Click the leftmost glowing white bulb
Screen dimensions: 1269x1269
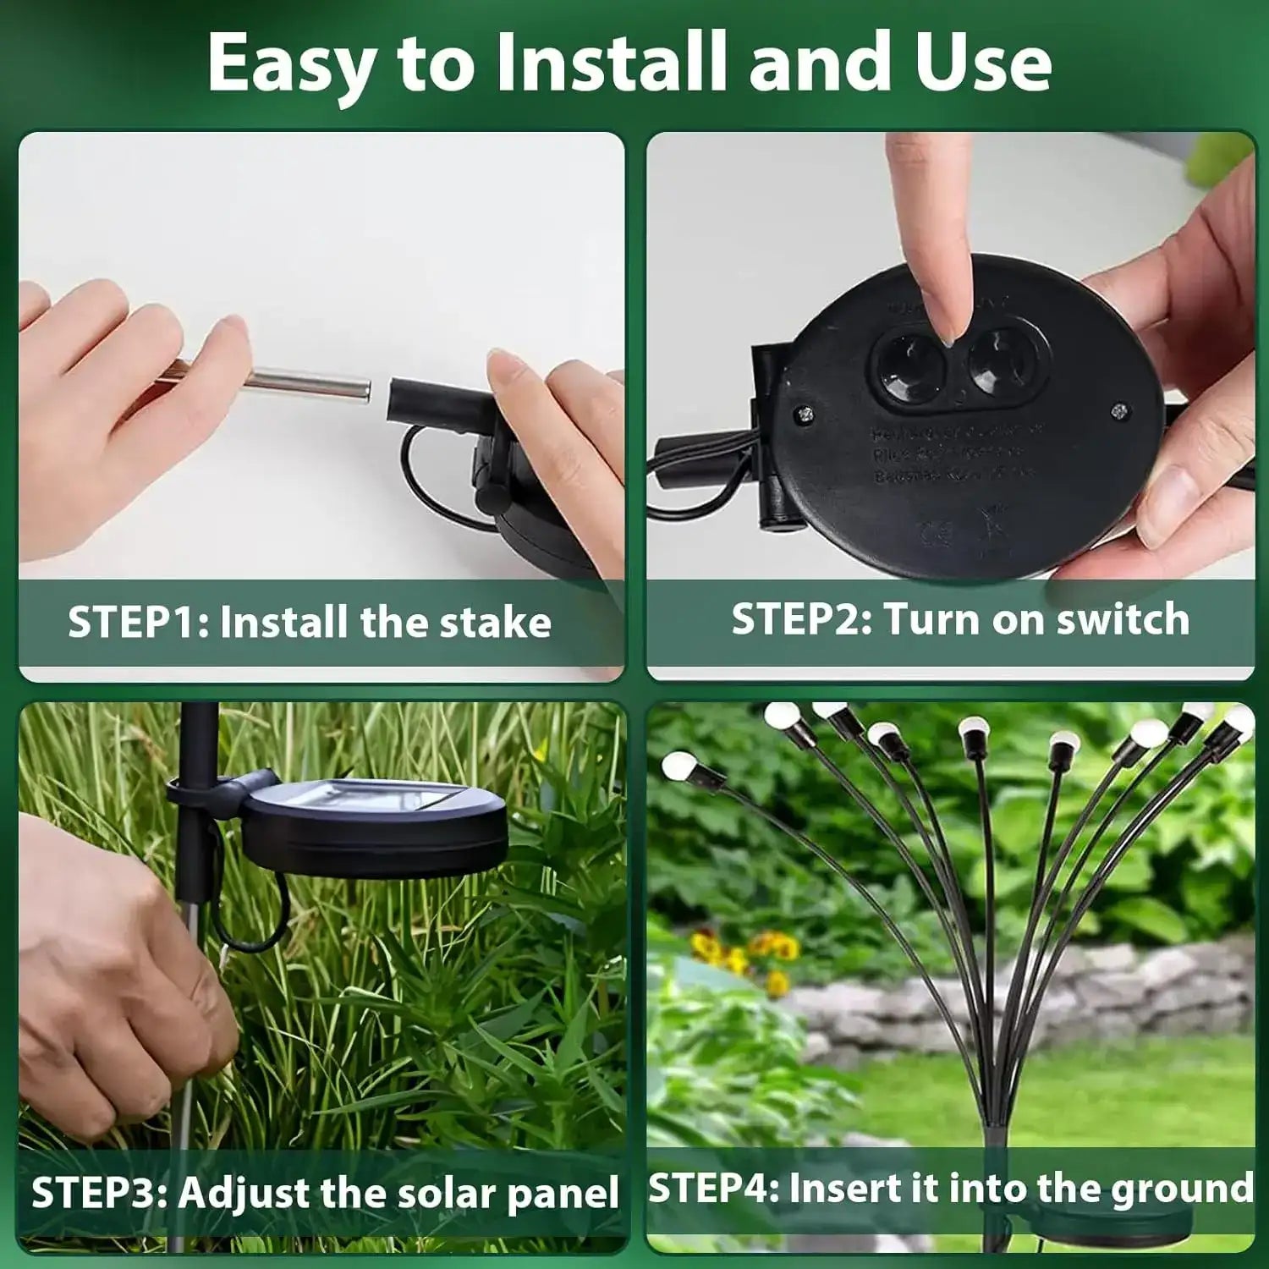[678, 766]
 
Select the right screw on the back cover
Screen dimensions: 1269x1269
[1121, 410]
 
